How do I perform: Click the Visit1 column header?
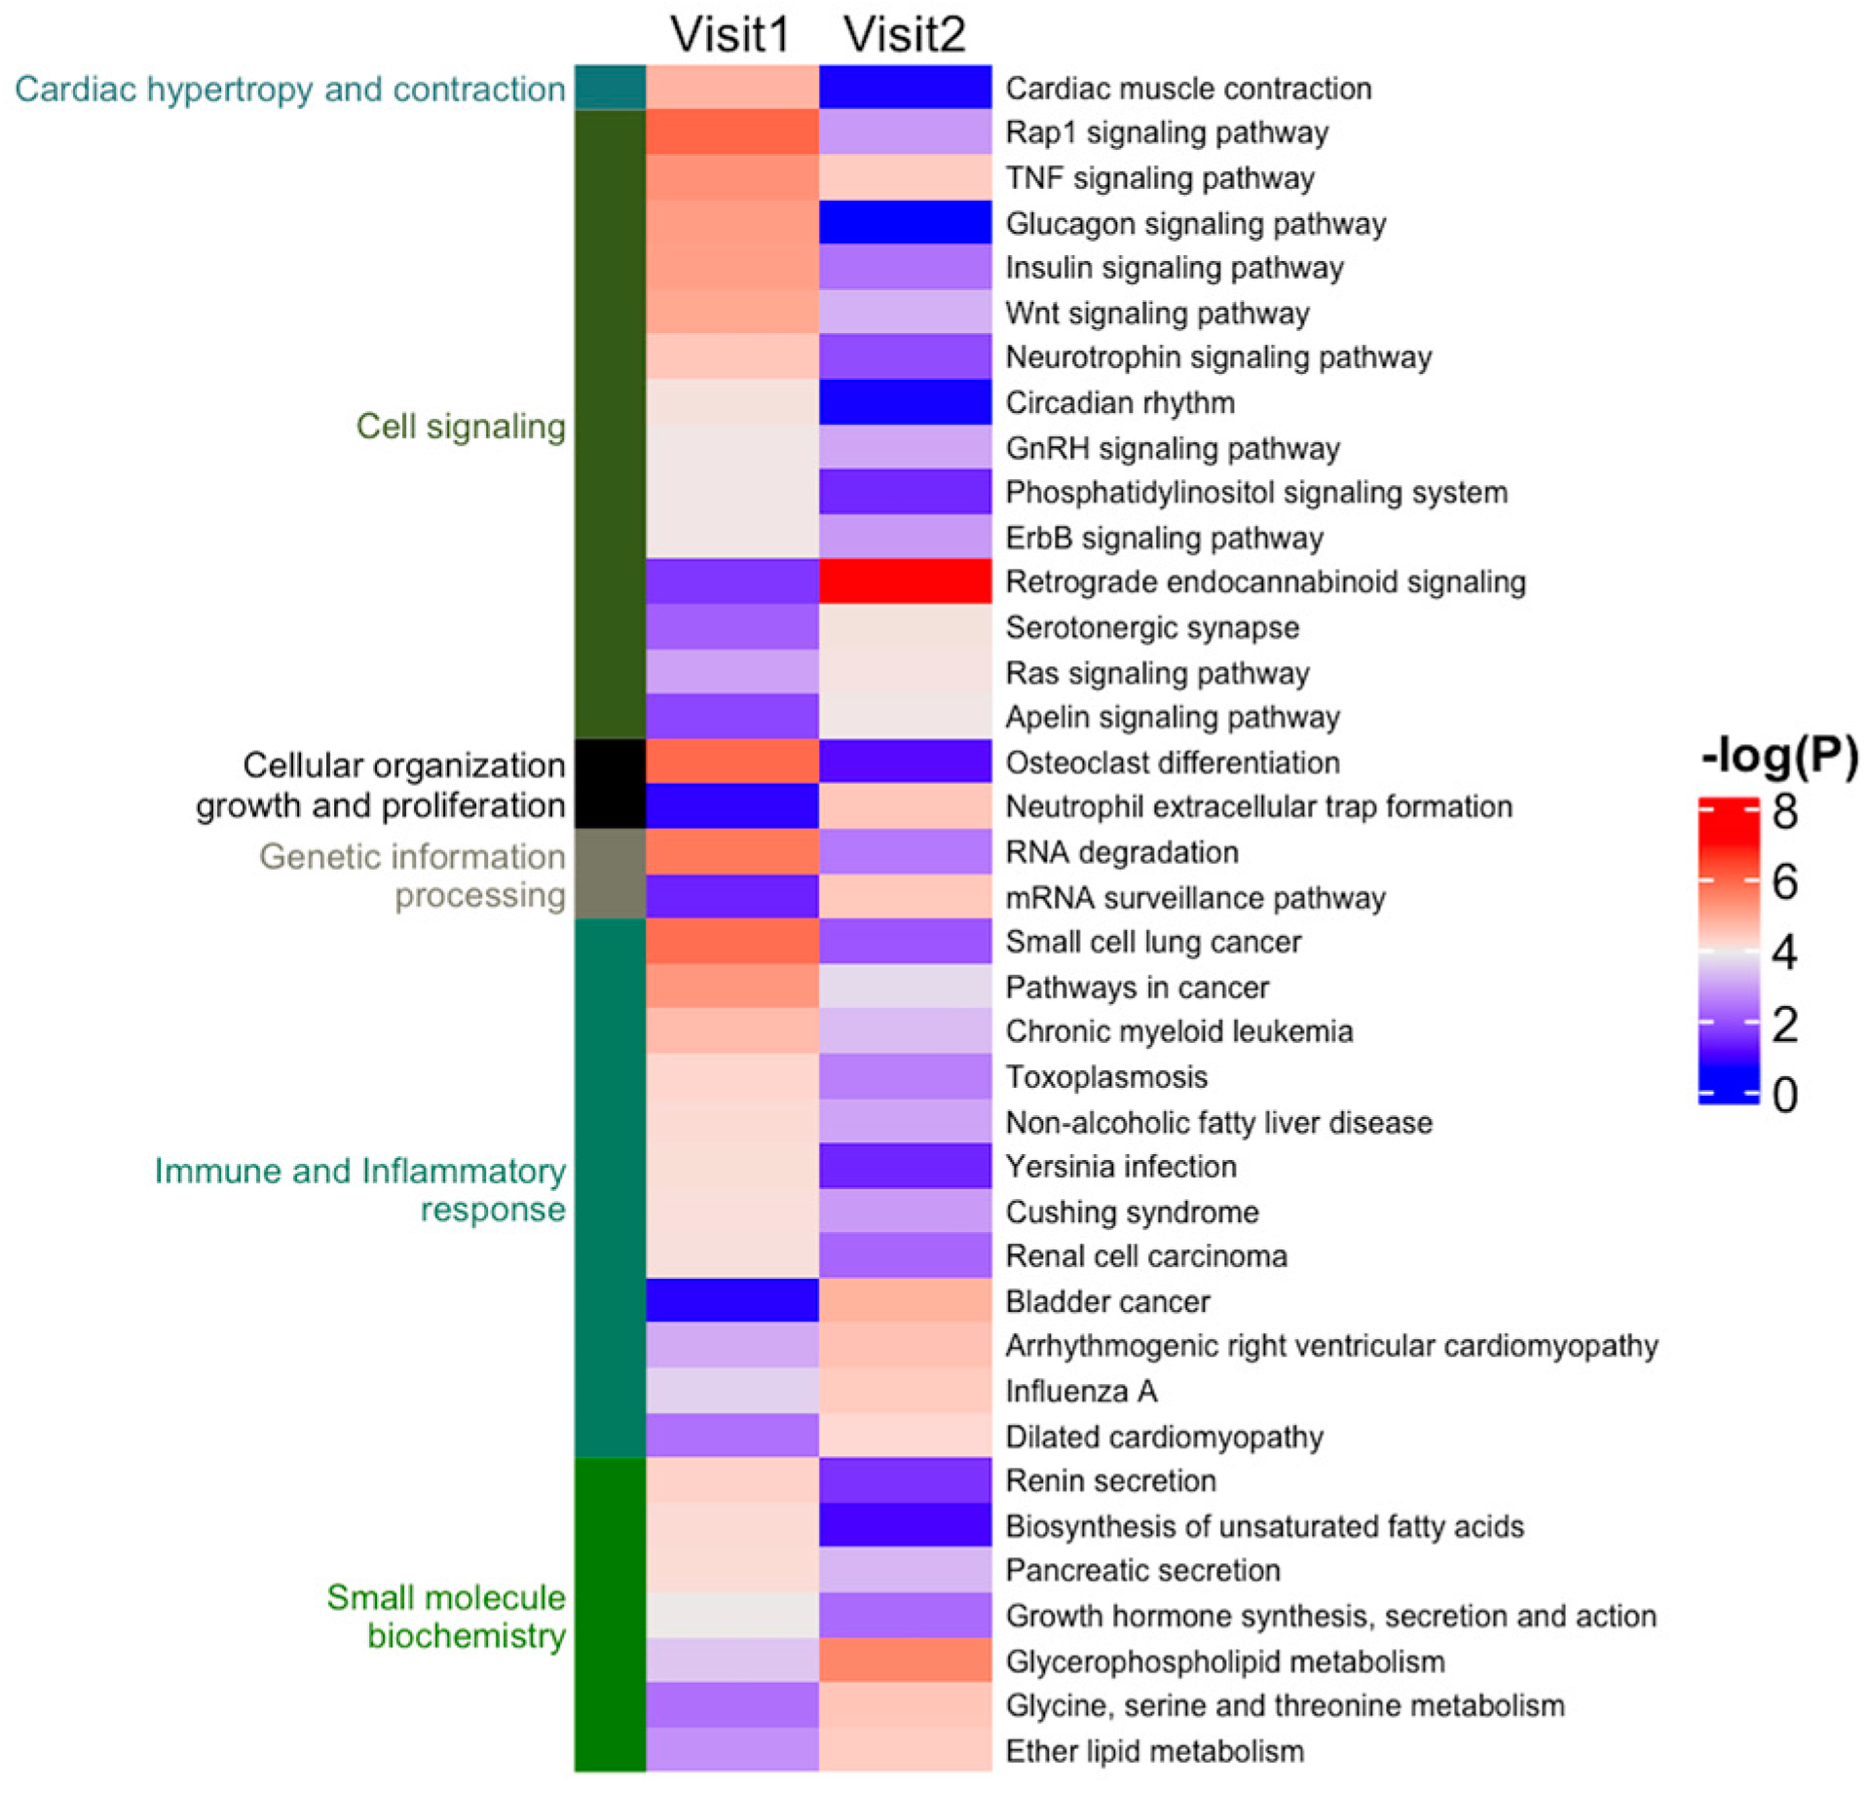tap(730, 34)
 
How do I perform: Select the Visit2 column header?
tap(905, 34)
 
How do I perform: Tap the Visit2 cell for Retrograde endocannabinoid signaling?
tap(905, 581)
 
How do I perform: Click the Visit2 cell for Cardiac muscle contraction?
tap(905, 88)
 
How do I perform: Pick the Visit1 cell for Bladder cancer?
tap(731, 1301)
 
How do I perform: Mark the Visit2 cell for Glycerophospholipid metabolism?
tap(905, 1661)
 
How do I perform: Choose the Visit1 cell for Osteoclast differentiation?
tap(731, 762)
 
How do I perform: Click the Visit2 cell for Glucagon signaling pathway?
tap(905, 222)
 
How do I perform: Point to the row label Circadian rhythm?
tap(1120, 402)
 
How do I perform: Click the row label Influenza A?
tap(1081, 1391)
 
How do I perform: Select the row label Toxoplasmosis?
tap(1106, 1076)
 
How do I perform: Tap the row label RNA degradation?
tap(1122, 851)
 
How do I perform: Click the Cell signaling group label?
tap(461, 426)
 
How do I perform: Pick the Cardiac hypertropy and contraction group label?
tap(290, 89)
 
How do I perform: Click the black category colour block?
tap(610, 783)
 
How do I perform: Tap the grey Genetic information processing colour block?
tap(610, 874)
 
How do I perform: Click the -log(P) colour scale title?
tap(1779, 756)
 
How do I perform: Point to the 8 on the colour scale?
tap(1784, 811)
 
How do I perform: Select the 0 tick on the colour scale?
tap(1784, 1095)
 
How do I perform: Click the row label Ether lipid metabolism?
tap(1154, 1750)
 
